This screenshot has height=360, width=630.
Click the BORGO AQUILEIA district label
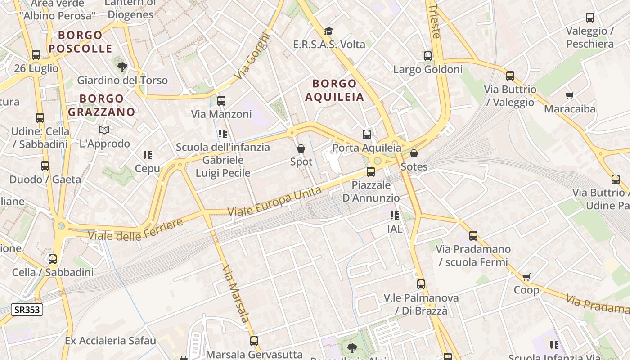click(x=334, y=90)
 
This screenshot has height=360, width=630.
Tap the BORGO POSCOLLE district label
click(x=81, y=42)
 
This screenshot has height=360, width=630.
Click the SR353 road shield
click(x=27, y=310)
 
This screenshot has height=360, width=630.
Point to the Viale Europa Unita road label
click(x=274, y=201)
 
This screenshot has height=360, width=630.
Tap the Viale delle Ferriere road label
click(x=135, y=229)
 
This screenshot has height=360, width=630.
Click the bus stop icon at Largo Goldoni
click(x=427, y=56)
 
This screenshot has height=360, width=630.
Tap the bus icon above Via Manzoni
click(x=221, y=100)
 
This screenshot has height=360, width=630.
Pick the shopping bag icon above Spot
click(x=301, y=148)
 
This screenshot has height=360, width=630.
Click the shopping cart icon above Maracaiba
click(x=569, y=95)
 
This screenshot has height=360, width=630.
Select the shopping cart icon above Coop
click(x=526, y=277)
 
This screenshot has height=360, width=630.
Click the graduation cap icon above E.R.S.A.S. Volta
click(x=329, y=31)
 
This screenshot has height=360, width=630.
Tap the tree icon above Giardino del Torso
click(x=122, y=67)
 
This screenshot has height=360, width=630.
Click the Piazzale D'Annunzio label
click(x=371, y=191)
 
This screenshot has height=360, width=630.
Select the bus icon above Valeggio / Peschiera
click(x=589, y=18)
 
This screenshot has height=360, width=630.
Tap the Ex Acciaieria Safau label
click(x=110, y=340)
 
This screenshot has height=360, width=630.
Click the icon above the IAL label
click(x=395, y=216)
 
